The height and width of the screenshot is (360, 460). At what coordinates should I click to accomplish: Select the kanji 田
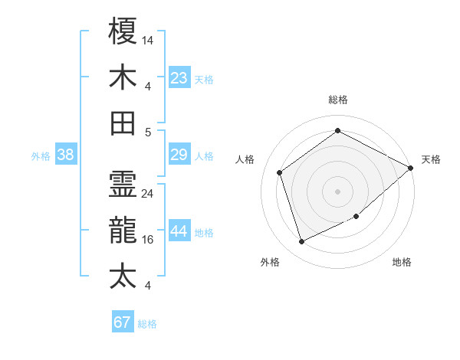pos(123,123)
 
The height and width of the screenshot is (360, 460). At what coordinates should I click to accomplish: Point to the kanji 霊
pos(123,184)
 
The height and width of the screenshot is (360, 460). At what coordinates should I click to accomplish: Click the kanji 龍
pos(123,230)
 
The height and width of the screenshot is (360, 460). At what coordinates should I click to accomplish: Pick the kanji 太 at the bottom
pos(123,276)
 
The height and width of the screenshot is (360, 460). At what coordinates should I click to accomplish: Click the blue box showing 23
pos(179,77)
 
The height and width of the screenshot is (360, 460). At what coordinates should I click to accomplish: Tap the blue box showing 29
pos(179,155)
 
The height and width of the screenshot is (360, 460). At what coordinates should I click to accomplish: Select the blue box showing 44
pos(179,231)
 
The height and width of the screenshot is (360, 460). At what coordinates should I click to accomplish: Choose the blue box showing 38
pos(66,155)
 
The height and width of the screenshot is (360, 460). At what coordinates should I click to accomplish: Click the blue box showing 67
pos(123,322)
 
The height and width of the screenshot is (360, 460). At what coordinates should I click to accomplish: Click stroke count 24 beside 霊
pos(148,194)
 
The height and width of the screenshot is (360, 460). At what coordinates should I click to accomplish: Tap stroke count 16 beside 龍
pos(148,240)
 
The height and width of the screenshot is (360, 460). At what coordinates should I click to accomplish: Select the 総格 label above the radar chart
pos(337,100)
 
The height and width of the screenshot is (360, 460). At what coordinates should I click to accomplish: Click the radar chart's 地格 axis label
pos(402,262)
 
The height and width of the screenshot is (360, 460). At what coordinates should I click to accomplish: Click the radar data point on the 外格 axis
pos(301,242)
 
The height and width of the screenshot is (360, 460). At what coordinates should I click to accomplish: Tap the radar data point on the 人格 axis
pos(280,172)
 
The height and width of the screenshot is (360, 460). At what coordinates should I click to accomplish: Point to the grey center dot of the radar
pos(337,191)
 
